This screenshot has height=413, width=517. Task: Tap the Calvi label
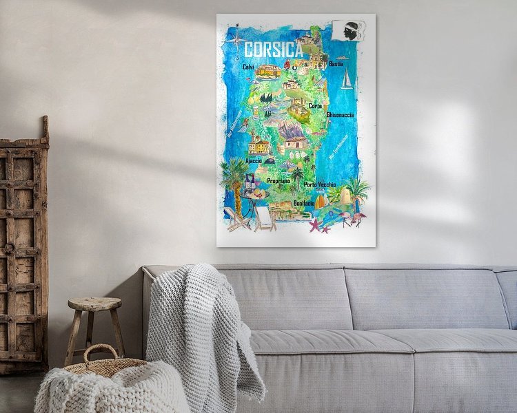[248, 67]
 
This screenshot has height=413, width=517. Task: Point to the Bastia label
[336, 63]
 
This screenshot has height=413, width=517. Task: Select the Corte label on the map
[315, 106]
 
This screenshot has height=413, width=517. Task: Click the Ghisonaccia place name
[340, 115]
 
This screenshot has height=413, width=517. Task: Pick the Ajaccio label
[252, 160]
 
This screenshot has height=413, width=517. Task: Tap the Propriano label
[278, 180]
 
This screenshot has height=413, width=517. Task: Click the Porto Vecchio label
[320, 184]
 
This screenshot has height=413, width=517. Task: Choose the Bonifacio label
[304, 204]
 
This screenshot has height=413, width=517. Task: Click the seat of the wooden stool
[94, 304]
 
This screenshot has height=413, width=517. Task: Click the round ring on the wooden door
[9, 245]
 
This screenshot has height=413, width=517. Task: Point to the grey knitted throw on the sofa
[200, 324]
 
